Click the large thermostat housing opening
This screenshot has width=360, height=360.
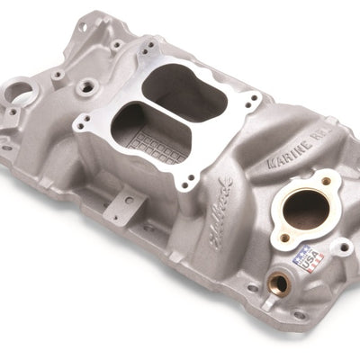(305, 210)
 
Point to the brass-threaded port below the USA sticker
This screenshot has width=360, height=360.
(278, 284)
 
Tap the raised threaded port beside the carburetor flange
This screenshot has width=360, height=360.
(87, 87)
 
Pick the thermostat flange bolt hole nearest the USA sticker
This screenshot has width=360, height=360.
(285, 237)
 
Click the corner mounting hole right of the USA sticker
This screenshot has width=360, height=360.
(343, 247)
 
